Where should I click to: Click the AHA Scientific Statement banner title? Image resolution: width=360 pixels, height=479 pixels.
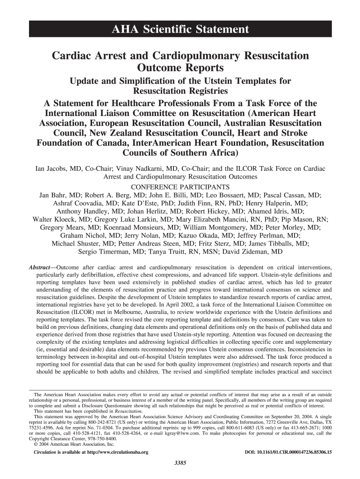tap(180, 30)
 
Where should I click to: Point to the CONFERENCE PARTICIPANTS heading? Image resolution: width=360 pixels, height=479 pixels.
tap(180, 187)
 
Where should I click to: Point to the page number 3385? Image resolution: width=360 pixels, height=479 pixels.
tap(180, 463)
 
